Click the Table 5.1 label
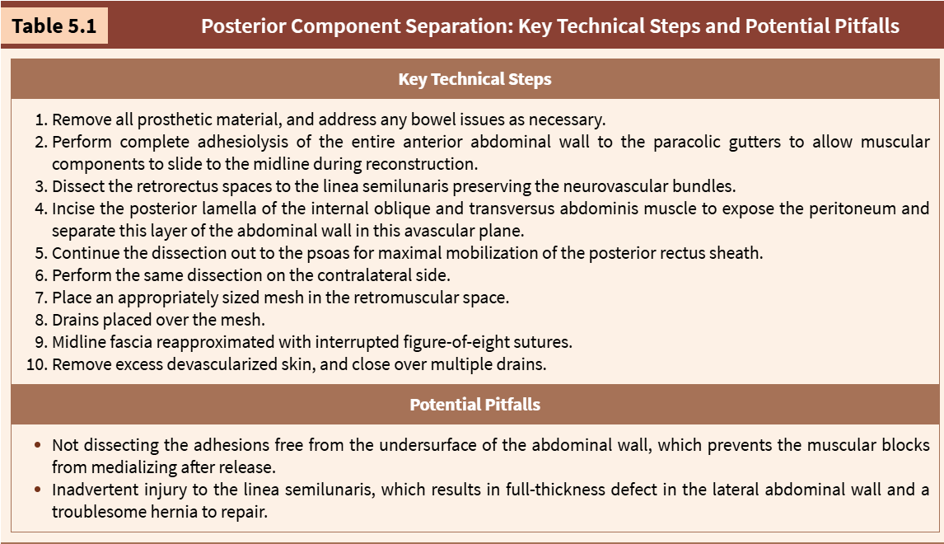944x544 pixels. pyautogui.click(x=54, y=26)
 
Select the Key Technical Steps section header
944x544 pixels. pyautogui.click(x=475, y=79)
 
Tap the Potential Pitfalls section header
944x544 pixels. pyautogui.click(x=475, y=404)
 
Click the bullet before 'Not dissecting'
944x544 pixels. pyautogui.click(x=38, y=445)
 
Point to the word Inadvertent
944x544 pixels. pyautogui.click(x=90, y=489)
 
